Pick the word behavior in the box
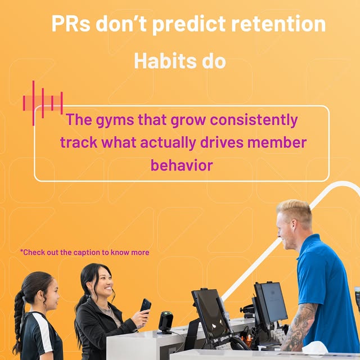click(182, 165)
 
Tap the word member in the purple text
click(280, 142)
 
